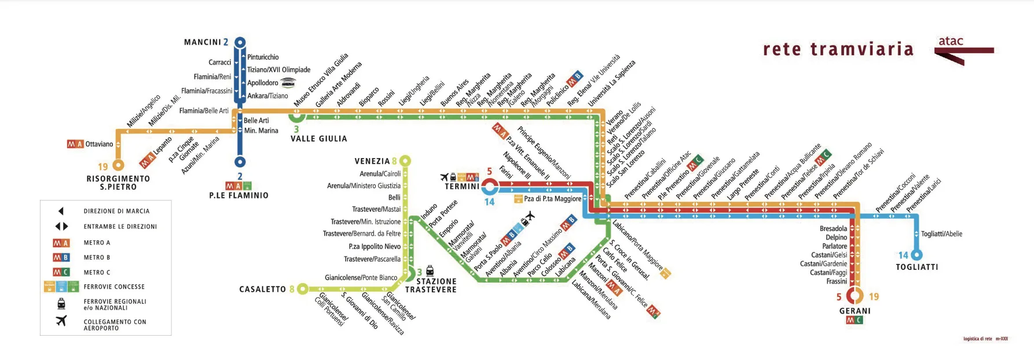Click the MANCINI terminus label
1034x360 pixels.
click(202, 42)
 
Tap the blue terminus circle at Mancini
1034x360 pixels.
click(240, 42)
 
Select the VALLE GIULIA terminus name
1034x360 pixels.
click(318, 139)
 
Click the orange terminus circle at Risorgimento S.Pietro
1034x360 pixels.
click(119, 166)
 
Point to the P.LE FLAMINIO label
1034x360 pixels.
click(239, 196)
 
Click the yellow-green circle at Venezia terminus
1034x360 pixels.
click(405, 161)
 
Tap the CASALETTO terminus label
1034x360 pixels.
click(262, 289)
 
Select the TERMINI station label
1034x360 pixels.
click(461, 186)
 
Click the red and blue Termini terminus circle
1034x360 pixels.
click(490, 186)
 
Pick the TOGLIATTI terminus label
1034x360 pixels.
click(916, 267)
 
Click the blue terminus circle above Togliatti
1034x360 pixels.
click(916, 255)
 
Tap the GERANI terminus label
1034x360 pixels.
click(855, 311)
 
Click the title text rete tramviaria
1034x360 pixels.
click(838, 50)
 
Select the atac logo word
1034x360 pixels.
click(951, 41)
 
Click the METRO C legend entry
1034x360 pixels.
click(97, 273)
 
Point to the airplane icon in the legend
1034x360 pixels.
click(61, 321)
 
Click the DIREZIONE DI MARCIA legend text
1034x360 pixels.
click(116, 211)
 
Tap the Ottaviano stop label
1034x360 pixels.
click(99, 144)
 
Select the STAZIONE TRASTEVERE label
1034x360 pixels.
click(431, 285)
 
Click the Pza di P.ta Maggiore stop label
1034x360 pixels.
click(552, 199)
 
